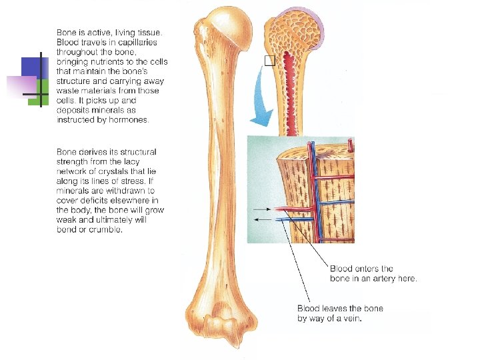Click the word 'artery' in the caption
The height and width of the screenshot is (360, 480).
(377, 279)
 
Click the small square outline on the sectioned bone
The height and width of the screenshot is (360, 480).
(269, 61)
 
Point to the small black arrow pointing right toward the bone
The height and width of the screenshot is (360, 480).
(263, 209)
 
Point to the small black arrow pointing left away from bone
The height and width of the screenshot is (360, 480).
(263, 218)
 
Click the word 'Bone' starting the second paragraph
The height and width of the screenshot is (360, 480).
(67, 152)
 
